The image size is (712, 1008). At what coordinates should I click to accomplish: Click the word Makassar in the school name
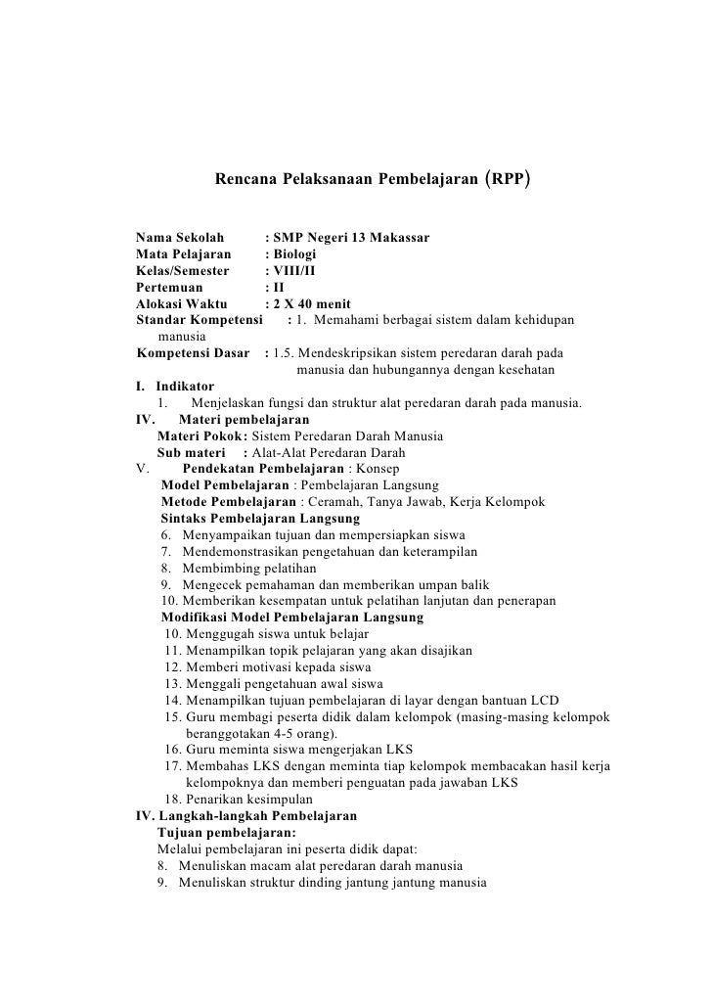pos(394,238)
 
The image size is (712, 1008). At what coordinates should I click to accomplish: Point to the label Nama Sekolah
pos(179,238)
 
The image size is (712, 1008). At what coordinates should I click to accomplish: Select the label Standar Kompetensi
pos(200,320)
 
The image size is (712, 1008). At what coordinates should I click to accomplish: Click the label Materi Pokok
pos(200,435)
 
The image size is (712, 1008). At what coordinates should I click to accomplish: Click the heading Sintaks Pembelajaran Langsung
pos(259,518)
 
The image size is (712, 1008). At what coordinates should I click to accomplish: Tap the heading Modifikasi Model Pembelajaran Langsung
pos(291,618)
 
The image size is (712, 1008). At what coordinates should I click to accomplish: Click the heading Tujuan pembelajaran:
pos(219,832)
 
